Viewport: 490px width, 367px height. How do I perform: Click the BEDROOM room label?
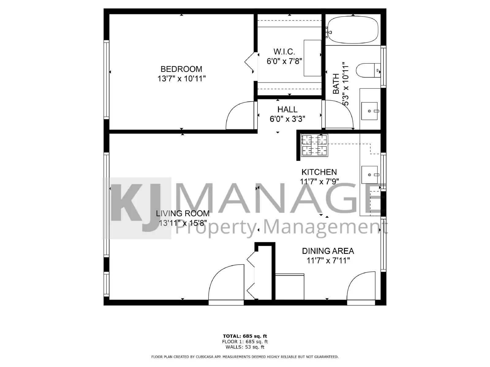click(x=181, y=69)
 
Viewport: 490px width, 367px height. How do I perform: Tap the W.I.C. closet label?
click(x=284, y=51)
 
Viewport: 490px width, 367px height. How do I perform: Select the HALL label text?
click(x=287, y=109)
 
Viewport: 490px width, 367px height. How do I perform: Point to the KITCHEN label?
click(x=319, y=172)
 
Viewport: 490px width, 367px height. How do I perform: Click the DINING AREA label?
click(x=328, y=251)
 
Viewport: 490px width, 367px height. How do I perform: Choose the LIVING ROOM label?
click(x=183, y=213)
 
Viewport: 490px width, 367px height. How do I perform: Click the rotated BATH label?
click(x=336, y=84)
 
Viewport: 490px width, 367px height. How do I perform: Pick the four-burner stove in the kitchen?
click(x=314, y=145)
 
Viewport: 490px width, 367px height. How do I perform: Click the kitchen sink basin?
click(x=370, y=175)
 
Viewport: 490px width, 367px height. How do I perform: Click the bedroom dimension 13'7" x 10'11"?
click(x=181, y=79)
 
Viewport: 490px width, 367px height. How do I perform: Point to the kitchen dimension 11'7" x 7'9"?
click(x=319, y=182)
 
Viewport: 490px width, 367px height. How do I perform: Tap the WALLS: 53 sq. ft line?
click(x=245, y=347)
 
